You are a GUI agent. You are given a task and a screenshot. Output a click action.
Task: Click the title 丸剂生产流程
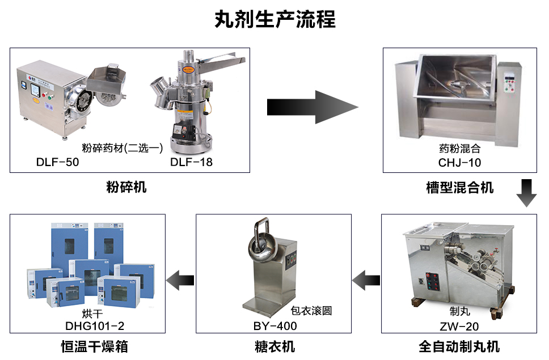click(274, 19)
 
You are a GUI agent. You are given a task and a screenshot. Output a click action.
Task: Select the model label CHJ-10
click(459, 163)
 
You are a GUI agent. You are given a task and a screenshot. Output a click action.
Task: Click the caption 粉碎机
click(127, 187)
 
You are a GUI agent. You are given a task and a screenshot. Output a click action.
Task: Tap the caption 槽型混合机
click(460, 187)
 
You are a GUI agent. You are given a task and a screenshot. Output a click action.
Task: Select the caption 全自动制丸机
click(459, 346)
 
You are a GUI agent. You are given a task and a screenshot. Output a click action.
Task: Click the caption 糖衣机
click(274, 346)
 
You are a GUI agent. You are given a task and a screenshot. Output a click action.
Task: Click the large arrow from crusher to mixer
click(312, 106)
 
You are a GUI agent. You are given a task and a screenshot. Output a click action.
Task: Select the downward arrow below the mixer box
click(526, 193)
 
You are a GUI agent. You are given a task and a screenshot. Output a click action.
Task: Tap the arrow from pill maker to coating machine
click(366, 279)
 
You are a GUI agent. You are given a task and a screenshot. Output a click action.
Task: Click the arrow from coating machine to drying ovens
click(180, 279)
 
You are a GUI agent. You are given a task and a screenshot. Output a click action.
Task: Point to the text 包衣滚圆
click(311, 310)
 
